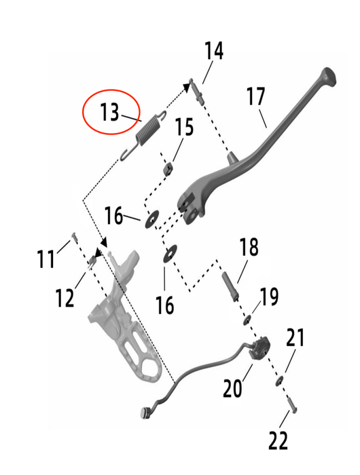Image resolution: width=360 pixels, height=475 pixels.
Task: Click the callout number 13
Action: point(109,112)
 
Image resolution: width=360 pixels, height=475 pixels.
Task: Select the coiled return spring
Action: point(143,134)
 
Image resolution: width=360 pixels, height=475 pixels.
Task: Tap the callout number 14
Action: point(214,51)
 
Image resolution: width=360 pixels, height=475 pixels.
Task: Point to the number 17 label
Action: point(255,96)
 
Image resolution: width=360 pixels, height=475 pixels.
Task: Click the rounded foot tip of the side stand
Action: point(329,76)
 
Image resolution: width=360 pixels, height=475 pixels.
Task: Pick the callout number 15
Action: point(184,127)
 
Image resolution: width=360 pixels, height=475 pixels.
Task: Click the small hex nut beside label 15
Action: point(168,168)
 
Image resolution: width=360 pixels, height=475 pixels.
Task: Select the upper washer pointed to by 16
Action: point(152,219)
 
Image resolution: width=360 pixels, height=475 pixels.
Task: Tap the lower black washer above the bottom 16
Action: point(170,254)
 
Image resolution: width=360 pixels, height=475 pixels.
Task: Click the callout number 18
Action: point(249,246)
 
